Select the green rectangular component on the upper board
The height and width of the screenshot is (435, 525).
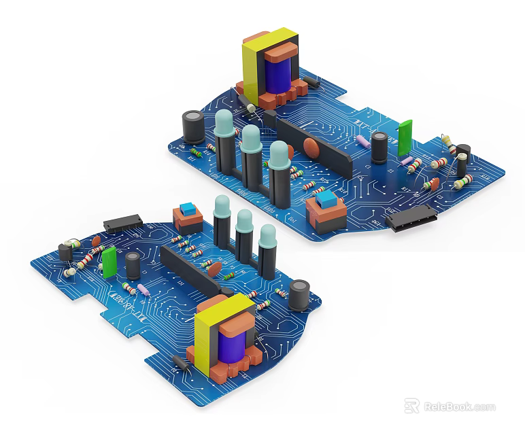click(405, 136)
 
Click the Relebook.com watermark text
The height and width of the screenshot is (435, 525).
click(460, 407)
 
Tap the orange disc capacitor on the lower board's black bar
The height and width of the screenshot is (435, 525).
click(214, 270)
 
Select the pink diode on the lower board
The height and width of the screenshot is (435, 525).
click(143, 290)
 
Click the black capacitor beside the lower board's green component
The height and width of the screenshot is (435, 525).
click(133, 264)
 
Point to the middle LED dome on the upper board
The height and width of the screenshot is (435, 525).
click(251, 139)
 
